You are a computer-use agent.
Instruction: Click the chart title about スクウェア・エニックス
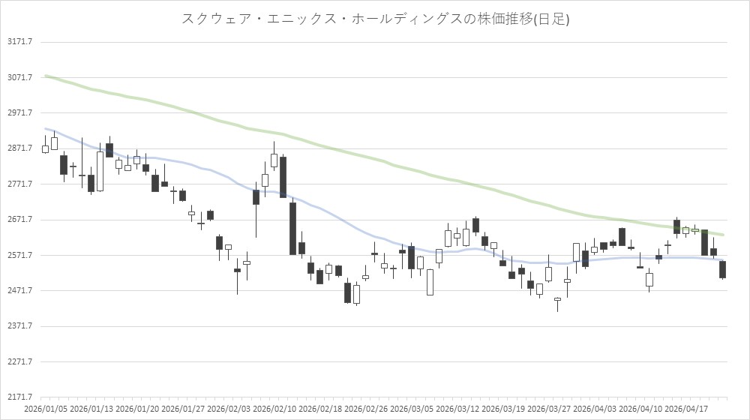[375, 19]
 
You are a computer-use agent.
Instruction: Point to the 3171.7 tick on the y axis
[20, 41]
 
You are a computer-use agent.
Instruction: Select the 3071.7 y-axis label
[20, 77]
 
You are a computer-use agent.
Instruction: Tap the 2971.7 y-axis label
[20, 112]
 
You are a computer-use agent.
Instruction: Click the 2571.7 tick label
[20, 255]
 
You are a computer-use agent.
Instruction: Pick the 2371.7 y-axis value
[20, 325]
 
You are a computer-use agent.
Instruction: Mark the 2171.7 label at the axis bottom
[20, 397]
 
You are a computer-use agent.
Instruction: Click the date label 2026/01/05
[45, 409]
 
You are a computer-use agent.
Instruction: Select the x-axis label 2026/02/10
[274, 409]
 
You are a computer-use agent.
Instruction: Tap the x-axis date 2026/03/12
[457, 409]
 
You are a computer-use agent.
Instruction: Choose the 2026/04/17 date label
[686, 409]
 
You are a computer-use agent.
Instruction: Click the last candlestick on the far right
[722, 270]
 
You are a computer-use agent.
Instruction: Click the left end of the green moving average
[45, 76]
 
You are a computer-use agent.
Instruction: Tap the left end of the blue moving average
[45, 128]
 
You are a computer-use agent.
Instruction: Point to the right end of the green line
[723, 235]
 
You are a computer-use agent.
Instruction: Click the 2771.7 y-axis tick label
[20, 184]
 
